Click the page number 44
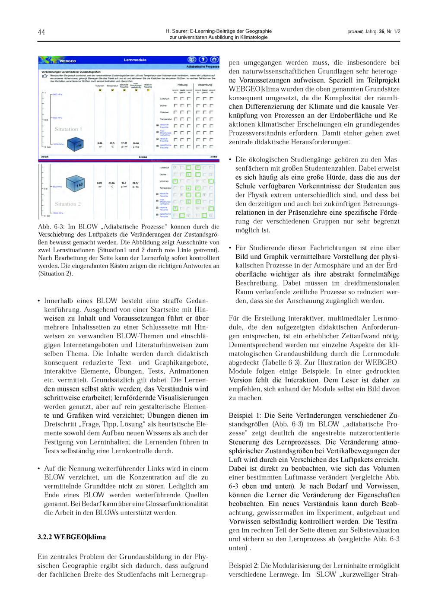(41, 32)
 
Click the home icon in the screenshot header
(213, 60)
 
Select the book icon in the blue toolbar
(191, 60)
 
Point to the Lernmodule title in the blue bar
(135, 60)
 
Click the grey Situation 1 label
(68, 129)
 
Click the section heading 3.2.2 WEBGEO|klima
(71, 537)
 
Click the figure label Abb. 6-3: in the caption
(51, 226)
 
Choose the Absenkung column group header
(205, 85)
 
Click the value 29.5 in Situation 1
(112, 143)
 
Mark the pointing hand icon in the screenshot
(44, 75)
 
